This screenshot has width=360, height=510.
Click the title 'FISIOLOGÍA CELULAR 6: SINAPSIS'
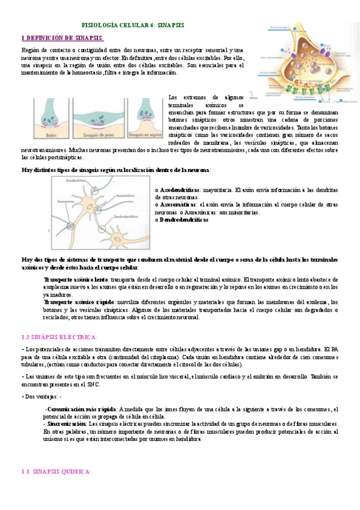pyautogui.click(x=133, y=25)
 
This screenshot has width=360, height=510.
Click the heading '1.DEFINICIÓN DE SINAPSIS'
pyautogui.click(x=63, y=37)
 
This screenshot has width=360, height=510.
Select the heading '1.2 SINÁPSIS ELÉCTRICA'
pyautogui.click(x=58, y=337)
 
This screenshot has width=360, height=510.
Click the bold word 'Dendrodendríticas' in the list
pyautogui.click(x=184, y=220)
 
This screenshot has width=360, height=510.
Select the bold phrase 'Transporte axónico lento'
pyautogui.click(x=76, y=280)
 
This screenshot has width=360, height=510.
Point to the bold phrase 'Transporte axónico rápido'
pyautogui.click(x=77, y=302)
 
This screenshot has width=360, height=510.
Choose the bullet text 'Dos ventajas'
pyautogui.click(x=42, y=396)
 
